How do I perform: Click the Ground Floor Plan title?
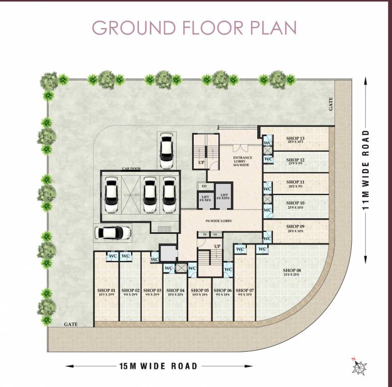click(x=194, y=28)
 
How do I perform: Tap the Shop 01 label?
click(x=106, y=291)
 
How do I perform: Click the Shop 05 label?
click(x=199, y=291)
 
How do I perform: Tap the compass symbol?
click(x=360, y=367)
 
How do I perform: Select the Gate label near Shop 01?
click(x=71, y=325)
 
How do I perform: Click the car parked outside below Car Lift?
click(x=113, y=232)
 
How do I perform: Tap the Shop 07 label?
click(x=245, y=291)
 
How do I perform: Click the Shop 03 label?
click(x=152, y=291)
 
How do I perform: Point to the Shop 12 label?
click(x=295, y=160)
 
